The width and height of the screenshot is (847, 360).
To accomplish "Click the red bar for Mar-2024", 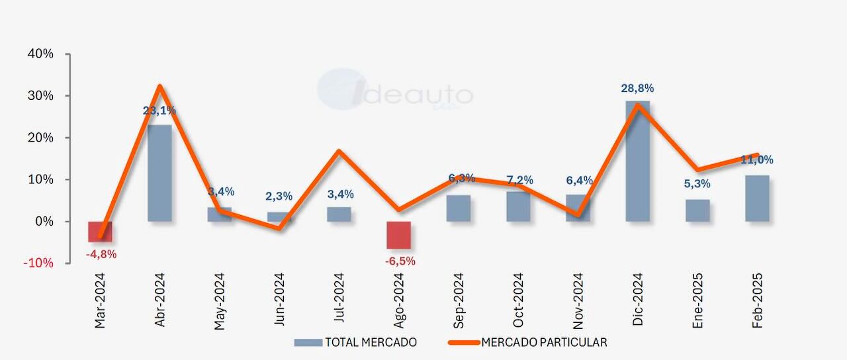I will click(x=100, y=232).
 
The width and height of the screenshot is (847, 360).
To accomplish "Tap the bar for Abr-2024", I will click(x=159, y=173).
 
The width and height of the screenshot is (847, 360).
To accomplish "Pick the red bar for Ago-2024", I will click(x=398, y=235).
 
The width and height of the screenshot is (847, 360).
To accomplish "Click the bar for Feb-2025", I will click(x=757, y=198).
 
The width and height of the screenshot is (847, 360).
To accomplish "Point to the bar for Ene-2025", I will click(x=697, y=210).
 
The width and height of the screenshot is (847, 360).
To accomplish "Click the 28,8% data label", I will click(x=637, y=89).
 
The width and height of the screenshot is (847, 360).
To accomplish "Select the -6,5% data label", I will click(x=400, y=261).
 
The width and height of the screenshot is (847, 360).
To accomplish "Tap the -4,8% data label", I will click(x=101, y=254).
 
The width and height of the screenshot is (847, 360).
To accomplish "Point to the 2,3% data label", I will click(x=279, y=196).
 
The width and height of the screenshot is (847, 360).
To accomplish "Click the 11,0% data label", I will click(x=757, y=159).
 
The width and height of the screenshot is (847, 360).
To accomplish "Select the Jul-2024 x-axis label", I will click(x=339, y=298).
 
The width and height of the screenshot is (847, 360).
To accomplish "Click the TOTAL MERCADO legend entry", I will click(x=355, y=342).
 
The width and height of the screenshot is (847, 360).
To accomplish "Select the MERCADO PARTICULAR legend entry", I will click(x=527, y=342).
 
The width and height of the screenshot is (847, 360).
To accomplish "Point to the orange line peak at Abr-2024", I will click(x=160, y=86).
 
